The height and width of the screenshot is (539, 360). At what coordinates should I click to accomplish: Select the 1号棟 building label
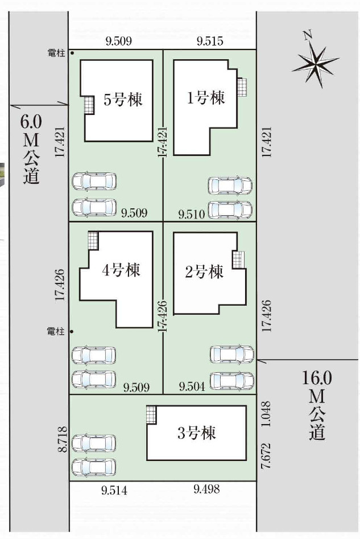tap(206, 98)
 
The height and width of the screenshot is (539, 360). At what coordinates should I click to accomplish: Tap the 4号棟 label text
tap(121, 270)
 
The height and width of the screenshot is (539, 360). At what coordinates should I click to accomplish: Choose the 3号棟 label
tap(196, 433)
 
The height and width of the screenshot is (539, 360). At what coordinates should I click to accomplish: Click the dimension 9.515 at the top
tap(210, 41)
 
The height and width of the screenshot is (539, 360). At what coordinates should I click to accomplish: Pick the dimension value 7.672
tap(264, 455)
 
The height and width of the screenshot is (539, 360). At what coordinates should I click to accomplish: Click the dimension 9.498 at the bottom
tap(206, 488)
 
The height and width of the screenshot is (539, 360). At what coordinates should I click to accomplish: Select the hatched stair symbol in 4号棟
tap(93, 240)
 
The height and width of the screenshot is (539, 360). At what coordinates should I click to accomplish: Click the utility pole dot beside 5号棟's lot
tap(72, 54)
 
